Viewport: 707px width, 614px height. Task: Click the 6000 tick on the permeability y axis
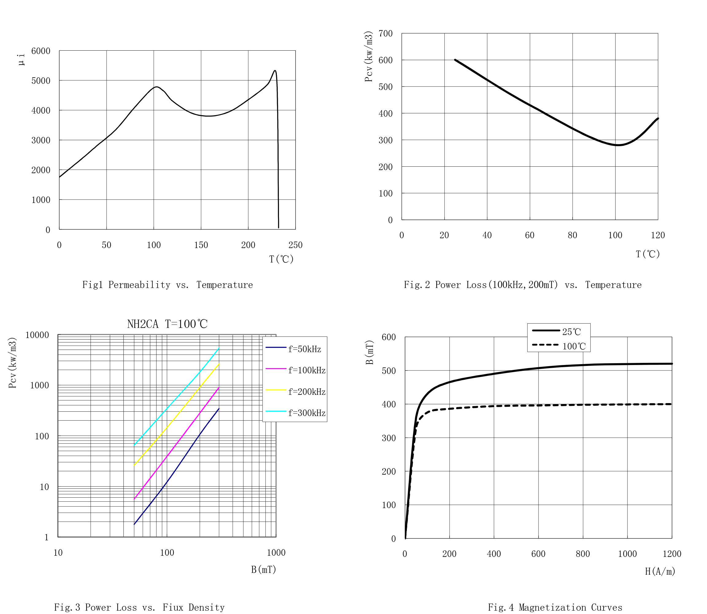(x=41, y=51)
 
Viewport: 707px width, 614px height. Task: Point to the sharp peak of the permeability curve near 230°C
(x=275, y=71)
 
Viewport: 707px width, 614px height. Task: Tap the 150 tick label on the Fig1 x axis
(x=201, y=245)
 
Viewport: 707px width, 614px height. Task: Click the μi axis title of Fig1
(x=21, y=59)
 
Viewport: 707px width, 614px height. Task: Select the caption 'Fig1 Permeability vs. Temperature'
(x=168, y=285)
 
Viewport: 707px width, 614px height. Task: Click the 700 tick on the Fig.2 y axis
(x=386, y=33)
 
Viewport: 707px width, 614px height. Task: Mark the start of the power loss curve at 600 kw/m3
(x=455, y=60)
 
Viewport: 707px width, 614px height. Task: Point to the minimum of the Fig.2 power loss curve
(x=618, y=145)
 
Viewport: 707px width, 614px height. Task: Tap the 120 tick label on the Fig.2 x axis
(x=658, y=235)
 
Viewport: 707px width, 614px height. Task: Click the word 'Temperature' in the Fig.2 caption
(x=613, y=285)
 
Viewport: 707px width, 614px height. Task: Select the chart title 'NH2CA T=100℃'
(x=168, y=324)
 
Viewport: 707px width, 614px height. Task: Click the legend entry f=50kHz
(x=304, y=349)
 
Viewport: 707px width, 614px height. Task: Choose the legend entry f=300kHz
(x=307, y=413)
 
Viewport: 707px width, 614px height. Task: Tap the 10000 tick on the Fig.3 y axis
(x=37, y=335)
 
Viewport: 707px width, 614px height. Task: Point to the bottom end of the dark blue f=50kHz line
(x=134, y=525)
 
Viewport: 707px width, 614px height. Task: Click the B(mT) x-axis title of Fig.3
(x=263, y=569)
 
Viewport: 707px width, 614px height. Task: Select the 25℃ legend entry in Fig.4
(x=571, y=332)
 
